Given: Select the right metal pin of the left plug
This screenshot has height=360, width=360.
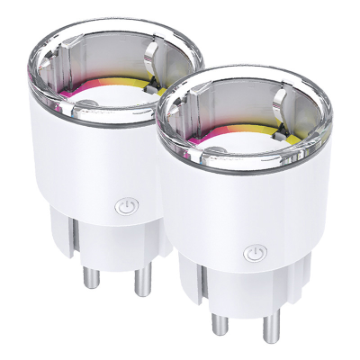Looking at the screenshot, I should pyautogui.click(x=140, y=283).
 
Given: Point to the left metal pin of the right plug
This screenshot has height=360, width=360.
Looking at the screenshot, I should pyautogui.click(x=216, y=328).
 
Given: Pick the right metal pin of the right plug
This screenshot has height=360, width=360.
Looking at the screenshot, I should pyautogui.click(x=267, y=329).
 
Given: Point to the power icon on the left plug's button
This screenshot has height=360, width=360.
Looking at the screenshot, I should pyautogui.click(x=125, y=206).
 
